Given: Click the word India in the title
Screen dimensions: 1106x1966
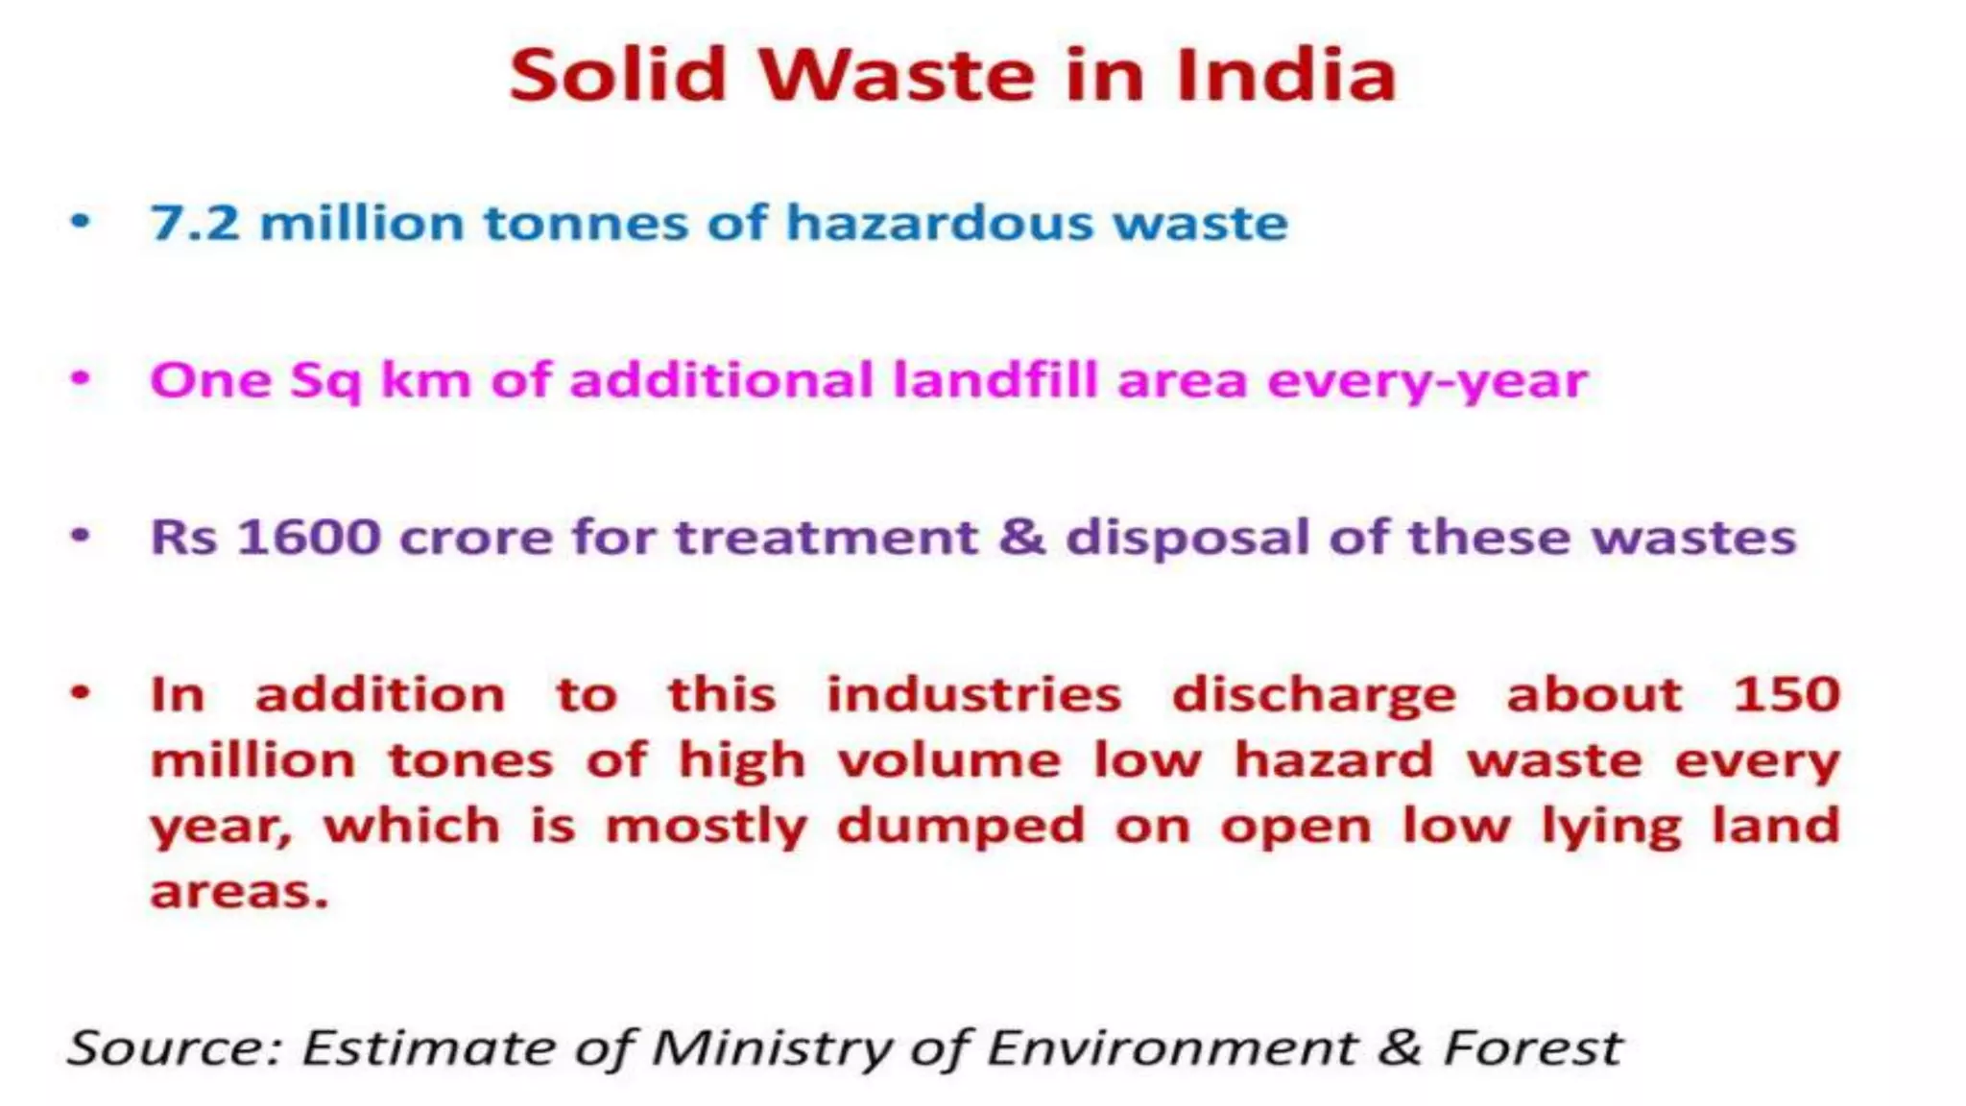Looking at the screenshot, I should tap(1286, 76).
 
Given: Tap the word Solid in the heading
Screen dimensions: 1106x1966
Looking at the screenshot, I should tap(617, 76).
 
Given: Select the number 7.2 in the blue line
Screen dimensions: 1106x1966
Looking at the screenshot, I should tap(195, 224).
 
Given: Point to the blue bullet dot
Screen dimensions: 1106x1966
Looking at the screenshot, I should tap(81, 222).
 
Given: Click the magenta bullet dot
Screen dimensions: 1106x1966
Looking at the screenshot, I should tap(81, 378).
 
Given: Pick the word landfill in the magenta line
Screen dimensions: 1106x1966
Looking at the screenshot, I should tap(995, 380).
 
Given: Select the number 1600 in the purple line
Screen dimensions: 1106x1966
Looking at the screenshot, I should tap(308, 538).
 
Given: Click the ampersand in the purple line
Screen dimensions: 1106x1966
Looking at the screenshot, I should tap(1021, 538).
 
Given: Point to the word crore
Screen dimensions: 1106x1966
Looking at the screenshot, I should tap(475, 538).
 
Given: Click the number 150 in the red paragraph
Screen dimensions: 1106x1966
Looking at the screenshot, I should tap(1786, 695).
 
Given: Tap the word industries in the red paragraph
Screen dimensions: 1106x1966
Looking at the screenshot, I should tap(973, 695).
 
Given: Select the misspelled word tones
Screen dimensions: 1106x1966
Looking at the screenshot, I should tap(470, 761).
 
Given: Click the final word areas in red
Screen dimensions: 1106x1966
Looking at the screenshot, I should tap(239, 893).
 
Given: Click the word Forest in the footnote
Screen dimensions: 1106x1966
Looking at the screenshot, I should tap(1532, 1047).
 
